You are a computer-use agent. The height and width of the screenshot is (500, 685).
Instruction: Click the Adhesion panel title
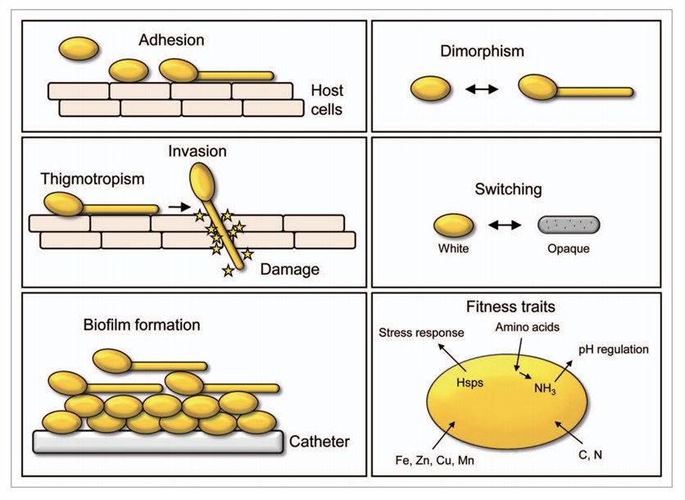[171, 39]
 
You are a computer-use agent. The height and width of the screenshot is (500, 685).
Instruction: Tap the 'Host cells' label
[331, 99]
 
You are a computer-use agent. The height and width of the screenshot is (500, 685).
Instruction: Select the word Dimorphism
[482, 52]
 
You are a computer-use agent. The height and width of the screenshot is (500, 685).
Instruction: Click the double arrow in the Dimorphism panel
[482, 88]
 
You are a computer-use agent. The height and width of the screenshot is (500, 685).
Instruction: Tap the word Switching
[508, 189]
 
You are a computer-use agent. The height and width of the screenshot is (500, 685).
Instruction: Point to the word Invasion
[197, 152]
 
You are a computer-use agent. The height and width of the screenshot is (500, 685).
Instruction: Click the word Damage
[289, 268]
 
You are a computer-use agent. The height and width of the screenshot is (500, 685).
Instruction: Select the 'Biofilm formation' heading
[141, 325]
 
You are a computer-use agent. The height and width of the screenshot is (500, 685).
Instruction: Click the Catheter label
[320, 442]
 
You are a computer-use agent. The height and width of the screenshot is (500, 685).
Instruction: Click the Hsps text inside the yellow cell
[470, 381]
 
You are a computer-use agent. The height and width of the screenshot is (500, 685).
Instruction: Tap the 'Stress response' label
[421, 333]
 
